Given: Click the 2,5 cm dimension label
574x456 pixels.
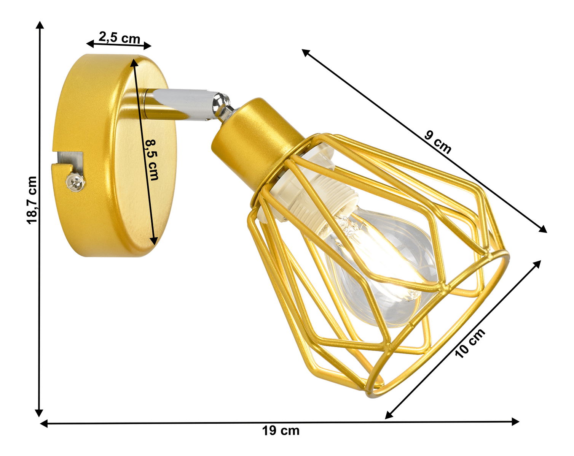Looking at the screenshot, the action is (x=119, y=38).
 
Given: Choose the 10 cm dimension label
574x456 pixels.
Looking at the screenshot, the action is (x=470, y=344).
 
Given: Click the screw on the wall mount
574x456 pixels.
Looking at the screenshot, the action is (x=76, y=182).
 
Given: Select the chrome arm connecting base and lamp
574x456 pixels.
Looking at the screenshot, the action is (x=182, y=104).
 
